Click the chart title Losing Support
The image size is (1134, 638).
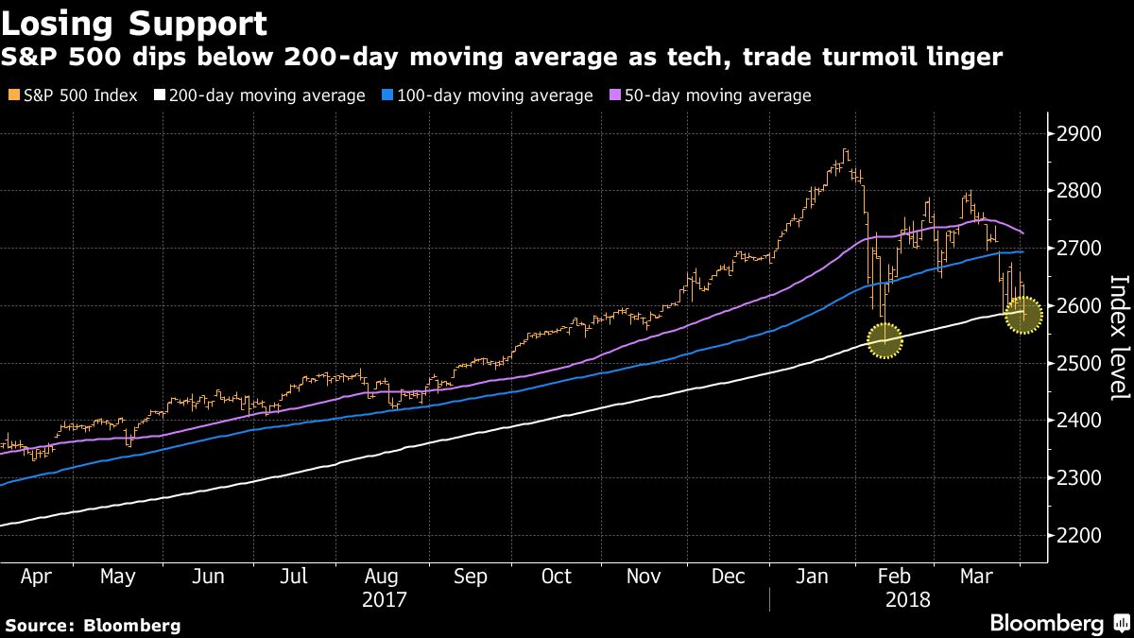pos(133,23)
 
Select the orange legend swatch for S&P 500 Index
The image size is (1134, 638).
pos(11,95)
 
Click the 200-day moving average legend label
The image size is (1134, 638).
pos(266,95)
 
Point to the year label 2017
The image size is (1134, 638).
pos(384,600)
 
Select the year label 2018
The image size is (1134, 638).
pos(907,600)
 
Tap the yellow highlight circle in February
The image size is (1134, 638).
pos(885,340)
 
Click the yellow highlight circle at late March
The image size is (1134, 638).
pos(1023,314)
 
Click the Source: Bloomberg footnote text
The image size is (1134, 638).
pos(93,625)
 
